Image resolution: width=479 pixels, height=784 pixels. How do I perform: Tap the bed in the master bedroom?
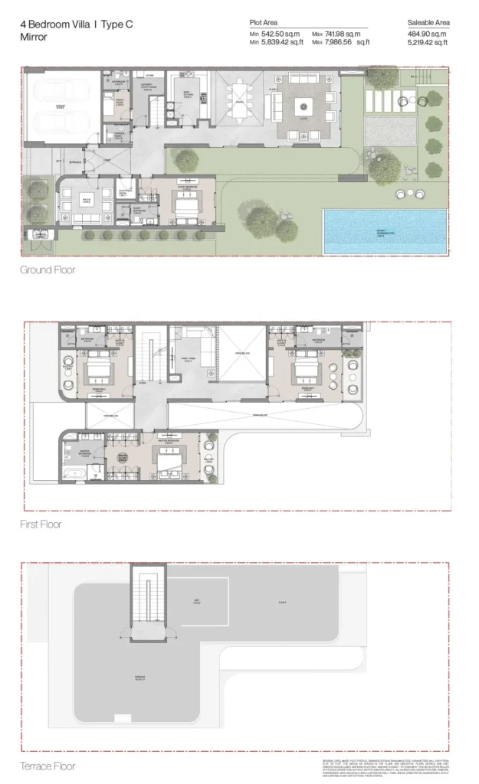pos(169,459)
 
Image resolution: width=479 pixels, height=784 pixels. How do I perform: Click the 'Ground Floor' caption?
pos(48,270)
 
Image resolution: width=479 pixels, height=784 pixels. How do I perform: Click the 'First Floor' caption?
pos(41,524)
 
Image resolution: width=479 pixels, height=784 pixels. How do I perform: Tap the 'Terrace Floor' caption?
pos(48,765)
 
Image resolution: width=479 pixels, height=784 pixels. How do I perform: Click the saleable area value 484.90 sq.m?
pos(427,34)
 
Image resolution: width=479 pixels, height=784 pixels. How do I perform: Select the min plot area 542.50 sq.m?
pos(273,34)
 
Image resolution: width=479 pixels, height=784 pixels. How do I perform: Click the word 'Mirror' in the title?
pos(34,37)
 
